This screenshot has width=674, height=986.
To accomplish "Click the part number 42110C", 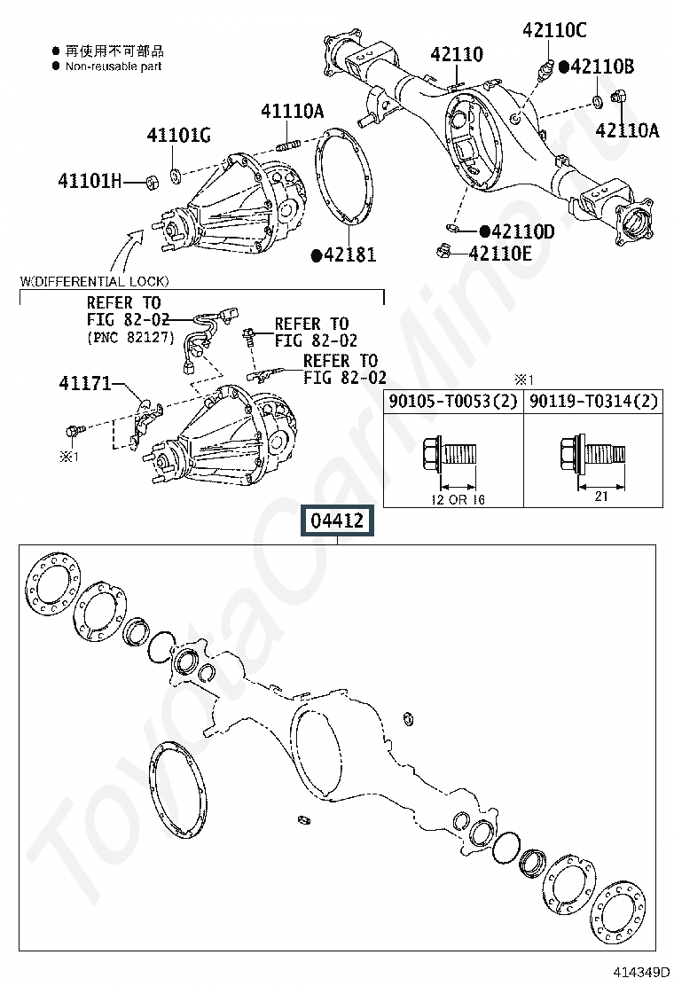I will pos(554,30).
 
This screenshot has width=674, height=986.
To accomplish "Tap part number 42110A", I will pos(627,131).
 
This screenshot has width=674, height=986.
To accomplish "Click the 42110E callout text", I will pos(500,254).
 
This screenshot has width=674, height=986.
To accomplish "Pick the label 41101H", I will pos(90,181).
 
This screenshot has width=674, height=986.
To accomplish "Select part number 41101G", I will pos(178,135).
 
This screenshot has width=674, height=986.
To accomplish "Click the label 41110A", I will pos(292,111).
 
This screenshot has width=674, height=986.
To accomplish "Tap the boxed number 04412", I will pos(337,520).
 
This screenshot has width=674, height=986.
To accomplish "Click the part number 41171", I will pos(85,384).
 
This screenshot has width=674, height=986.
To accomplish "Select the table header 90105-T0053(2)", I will pos(452,402).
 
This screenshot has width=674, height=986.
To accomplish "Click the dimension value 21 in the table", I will pos(600,497).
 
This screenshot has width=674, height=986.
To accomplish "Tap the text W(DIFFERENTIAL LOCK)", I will pos(95,282).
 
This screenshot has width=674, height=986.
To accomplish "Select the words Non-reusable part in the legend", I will pos(114,66).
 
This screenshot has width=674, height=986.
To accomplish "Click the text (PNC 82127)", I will pos(131,338).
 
